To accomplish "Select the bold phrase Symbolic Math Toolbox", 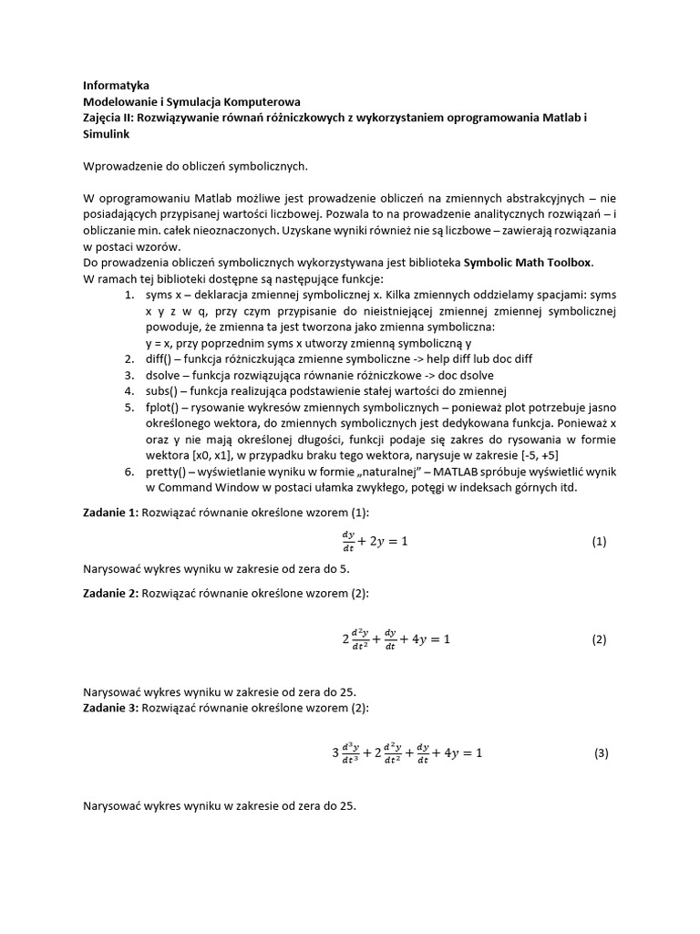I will tap(528, 263).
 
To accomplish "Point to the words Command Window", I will tap(207, 487).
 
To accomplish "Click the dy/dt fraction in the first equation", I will tap(349, 541).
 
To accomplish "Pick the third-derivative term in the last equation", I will tap(345, 753).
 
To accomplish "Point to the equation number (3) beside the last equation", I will tap(600, 753).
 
